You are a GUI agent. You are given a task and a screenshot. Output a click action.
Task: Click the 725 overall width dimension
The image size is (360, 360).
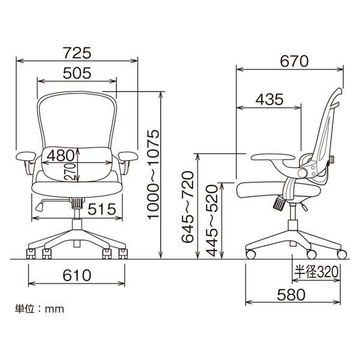[77, 53]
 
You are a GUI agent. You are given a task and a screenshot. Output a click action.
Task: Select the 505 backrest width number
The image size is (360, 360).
[77, 73]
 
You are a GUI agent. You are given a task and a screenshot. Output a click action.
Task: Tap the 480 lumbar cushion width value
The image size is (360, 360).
[61, 155]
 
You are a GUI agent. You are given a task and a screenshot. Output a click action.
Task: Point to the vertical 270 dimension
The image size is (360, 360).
[70, 172]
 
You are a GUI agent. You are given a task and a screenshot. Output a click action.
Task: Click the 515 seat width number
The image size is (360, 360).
[102, 209]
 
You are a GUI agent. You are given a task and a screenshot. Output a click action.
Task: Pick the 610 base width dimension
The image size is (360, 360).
[77, 275]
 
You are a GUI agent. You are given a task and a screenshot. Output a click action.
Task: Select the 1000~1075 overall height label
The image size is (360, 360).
[154, 175]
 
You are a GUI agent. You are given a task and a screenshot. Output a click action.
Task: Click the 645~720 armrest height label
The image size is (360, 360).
[188, 207]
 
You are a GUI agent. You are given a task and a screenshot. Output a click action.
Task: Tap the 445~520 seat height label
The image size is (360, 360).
[211, 220]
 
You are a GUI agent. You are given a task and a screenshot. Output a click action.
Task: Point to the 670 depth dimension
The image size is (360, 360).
[294, 61]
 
